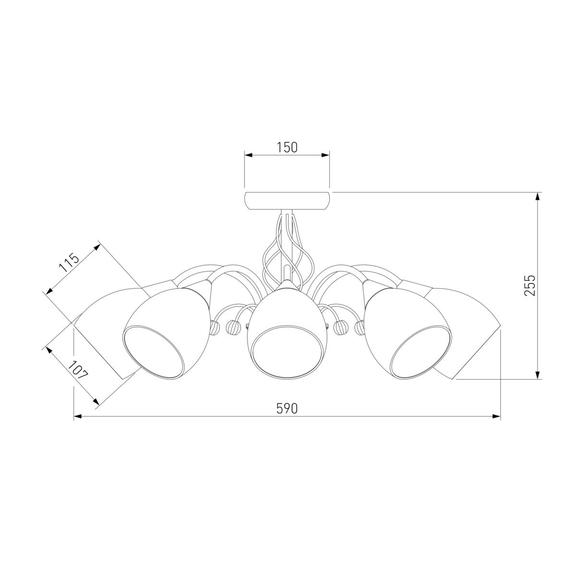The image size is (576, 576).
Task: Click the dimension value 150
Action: pyautogui.click(x=287, y=147)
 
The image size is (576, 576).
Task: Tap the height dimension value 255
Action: pyautogui.click(x=529, y=286)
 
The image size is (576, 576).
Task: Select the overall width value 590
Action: pyautogui.click(x=287, y=408)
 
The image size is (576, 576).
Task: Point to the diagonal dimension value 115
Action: pyautogui.click(x=69, y=262)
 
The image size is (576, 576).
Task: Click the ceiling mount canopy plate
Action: pyautogui.click(x=287, y=201)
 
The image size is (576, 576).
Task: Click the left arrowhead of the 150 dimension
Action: pyautogui.click(x=249, y=155)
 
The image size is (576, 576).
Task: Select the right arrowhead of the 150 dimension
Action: pyautogui.click(x=325, y=155)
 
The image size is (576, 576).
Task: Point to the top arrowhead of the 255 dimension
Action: pyautogui.click(x=538, y=197)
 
